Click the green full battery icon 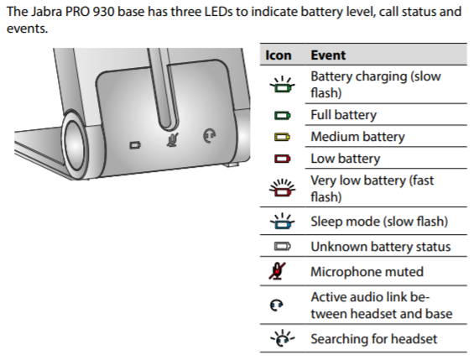pyautogui.click(x=283, y=116)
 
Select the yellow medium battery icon pyautogui.click(x=283, y=138)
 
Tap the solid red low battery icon pyautogui.click(x=283, y=159)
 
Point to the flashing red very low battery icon pyautogui.click(x=283, y=188)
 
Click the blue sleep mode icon pyautogui.click(x=283, y=222)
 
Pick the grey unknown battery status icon pyautogui.click(x=283, y=247)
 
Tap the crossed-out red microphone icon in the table pyautogui.click(x=277, y=271)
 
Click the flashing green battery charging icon pyautogui.click(x=283, y=84)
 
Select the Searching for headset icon pyautogui.click(x=283, y=338)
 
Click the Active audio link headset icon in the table pyautogui.click(x=276, y=305)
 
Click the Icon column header pyautogui.click(x=279, y=55)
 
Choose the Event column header pyautogui.click(x=328, y=55)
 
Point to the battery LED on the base pyautogui.click(x=135, y=145)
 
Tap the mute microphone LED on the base pyautogui.click(x=173, y=140)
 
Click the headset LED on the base pyautogui.click(x=209, y=136)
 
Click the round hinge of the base pyautogui.click(x=74, y=144)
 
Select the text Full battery pyautogui.click(x=344, y=115)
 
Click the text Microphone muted pyautogui.click(x=367, y=272)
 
